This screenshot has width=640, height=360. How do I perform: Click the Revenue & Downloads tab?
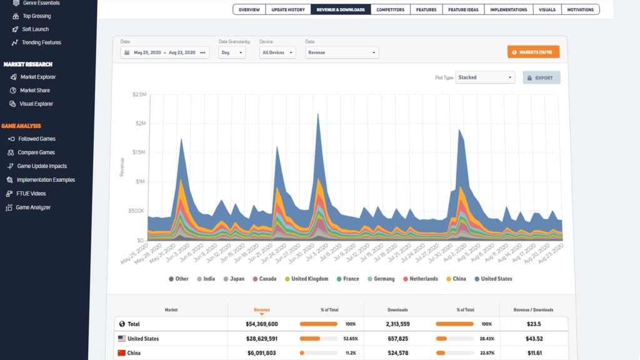coord(341,9)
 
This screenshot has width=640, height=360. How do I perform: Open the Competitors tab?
coord(390,9)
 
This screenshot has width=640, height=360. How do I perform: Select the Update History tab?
coord(288,9)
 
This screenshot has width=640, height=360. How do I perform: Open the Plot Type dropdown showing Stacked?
coord(485,77)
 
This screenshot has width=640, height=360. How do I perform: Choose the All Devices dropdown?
coord(277,52)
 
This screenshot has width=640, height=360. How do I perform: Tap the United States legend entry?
coord(493,279)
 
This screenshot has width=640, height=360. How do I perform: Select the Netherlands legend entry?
coord(420,279)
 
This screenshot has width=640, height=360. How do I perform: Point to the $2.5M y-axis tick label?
coord(139,94)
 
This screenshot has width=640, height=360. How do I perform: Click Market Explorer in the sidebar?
coord(37,77)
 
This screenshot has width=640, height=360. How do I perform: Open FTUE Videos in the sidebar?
coord(31,194)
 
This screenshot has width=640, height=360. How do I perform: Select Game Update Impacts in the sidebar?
coord(42,166)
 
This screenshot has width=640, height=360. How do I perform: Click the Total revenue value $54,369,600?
coord(253,324)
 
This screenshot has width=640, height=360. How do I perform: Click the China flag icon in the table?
coord(122,353)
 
